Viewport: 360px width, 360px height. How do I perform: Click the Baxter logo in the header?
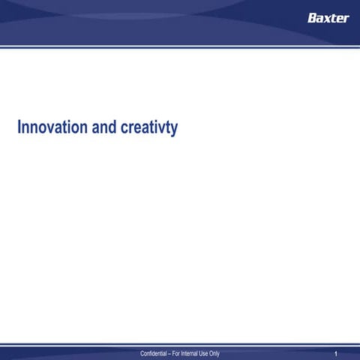(328, 18)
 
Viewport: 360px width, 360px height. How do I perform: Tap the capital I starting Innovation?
(19, 127)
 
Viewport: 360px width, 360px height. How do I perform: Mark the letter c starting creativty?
(122, 129)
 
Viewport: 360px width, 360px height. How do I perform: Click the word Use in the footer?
(210, 353)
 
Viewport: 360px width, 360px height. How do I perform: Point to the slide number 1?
(337, 353)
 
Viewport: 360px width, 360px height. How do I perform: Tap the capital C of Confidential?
(133, 353)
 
